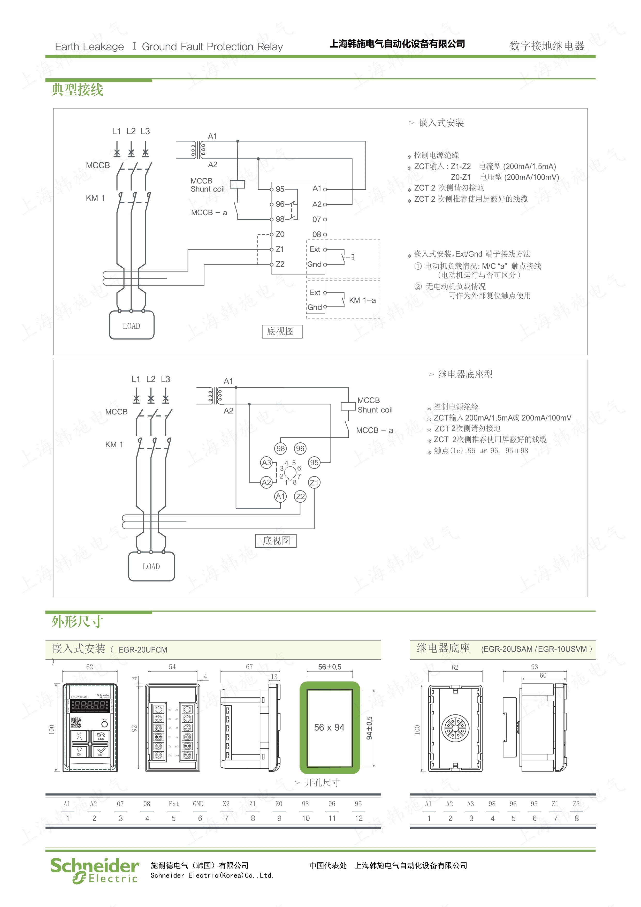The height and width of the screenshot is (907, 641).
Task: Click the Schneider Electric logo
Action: pyautogui.click(x=94, y=870)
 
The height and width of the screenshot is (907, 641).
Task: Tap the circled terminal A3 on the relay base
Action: pyautogui.click(x=266, y=463)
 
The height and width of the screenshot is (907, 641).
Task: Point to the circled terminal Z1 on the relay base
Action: pyautogui.click(x=314, y=482)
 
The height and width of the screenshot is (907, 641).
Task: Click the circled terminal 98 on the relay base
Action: pyautogui.click(x=280, y=448)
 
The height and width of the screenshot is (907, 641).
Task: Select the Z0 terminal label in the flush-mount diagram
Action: pyautogui.click(x=280, y=234)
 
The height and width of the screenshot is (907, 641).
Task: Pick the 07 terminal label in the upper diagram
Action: pyautogui.click(x=317, y=219)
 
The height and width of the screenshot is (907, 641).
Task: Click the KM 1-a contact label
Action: pyautogui.click(x=362, y=300)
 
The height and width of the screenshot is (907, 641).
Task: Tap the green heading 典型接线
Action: pyautogui.click(x=77, y=90)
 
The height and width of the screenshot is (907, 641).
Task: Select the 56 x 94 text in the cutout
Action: pyautogui.click(x=329, y=728)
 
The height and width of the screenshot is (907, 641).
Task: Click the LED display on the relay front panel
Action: pyautogui.click(x=90, y=706)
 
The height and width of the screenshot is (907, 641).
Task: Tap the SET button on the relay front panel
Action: pyautogui.click(x=101, y=750)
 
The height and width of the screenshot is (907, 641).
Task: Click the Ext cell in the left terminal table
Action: pyautogui.click(x=174, y=804)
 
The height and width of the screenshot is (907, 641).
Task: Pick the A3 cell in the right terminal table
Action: pyautogui.click(x=471, y=804)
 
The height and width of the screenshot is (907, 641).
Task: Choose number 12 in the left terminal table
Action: pyautogui.click(x=358, y=818)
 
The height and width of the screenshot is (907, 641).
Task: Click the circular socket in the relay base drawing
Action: pyautogui.click(x=455, y=728)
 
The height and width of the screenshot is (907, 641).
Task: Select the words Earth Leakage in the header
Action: pyautogui.click(x=89, y=47)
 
